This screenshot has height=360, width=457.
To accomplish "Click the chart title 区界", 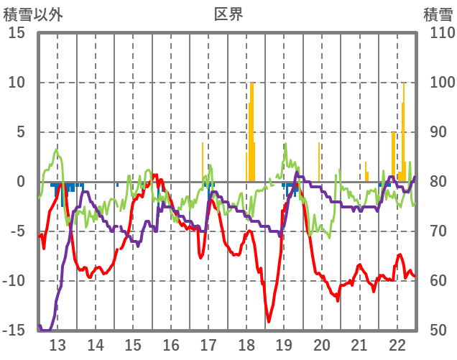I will click(228, 14).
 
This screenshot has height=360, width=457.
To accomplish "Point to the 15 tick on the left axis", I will click(17, 33).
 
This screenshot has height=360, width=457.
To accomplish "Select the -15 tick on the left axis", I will click(14, 331).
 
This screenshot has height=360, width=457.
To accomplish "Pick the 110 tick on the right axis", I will click(438, 33).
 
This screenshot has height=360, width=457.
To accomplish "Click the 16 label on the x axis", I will click(171, 343).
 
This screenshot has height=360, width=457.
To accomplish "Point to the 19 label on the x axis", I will click(284, 343).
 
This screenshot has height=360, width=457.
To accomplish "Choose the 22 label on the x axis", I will click(397, 343).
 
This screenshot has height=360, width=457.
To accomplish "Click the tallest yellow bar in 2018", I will click(251, 129).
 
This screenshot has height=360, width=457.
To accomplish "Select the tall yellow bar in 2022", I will click(404, 129).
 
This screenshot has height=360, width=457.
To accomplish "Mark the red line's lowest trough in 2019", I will click(269, 321).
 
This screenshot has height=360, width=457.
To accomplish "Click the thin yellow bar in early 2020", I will click(319, 162).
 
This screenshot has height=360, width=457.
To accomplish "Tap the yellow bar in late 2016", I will click(203, 162).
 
